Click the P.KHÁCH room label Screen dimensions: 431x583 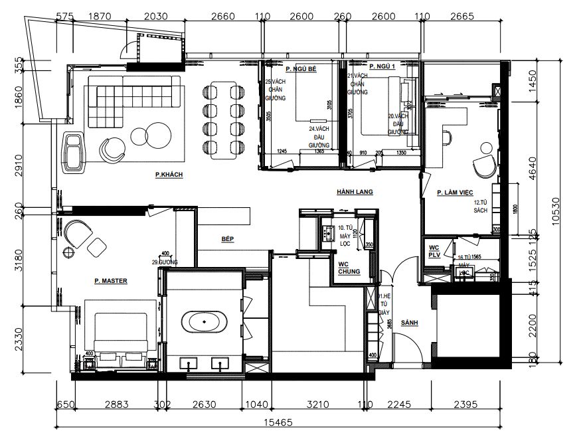click(169, 175)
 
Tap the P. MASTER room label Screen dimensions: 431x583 click(110, 281)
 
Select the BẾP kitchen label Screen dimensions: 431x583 click(228, 238)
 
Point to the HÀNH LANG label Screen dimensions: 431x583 click(354, 192)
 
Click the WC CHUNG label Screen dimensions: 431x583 click(349, 268)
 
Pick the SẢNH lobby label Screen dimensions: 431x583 click(410, 323)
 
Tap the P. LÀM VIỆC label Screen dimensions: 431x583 click(455, 193)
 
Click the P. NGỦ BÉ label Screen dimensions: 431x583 click(301, 68)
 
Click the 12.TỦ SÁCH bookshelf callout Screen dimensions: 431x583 click(481, 207)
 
